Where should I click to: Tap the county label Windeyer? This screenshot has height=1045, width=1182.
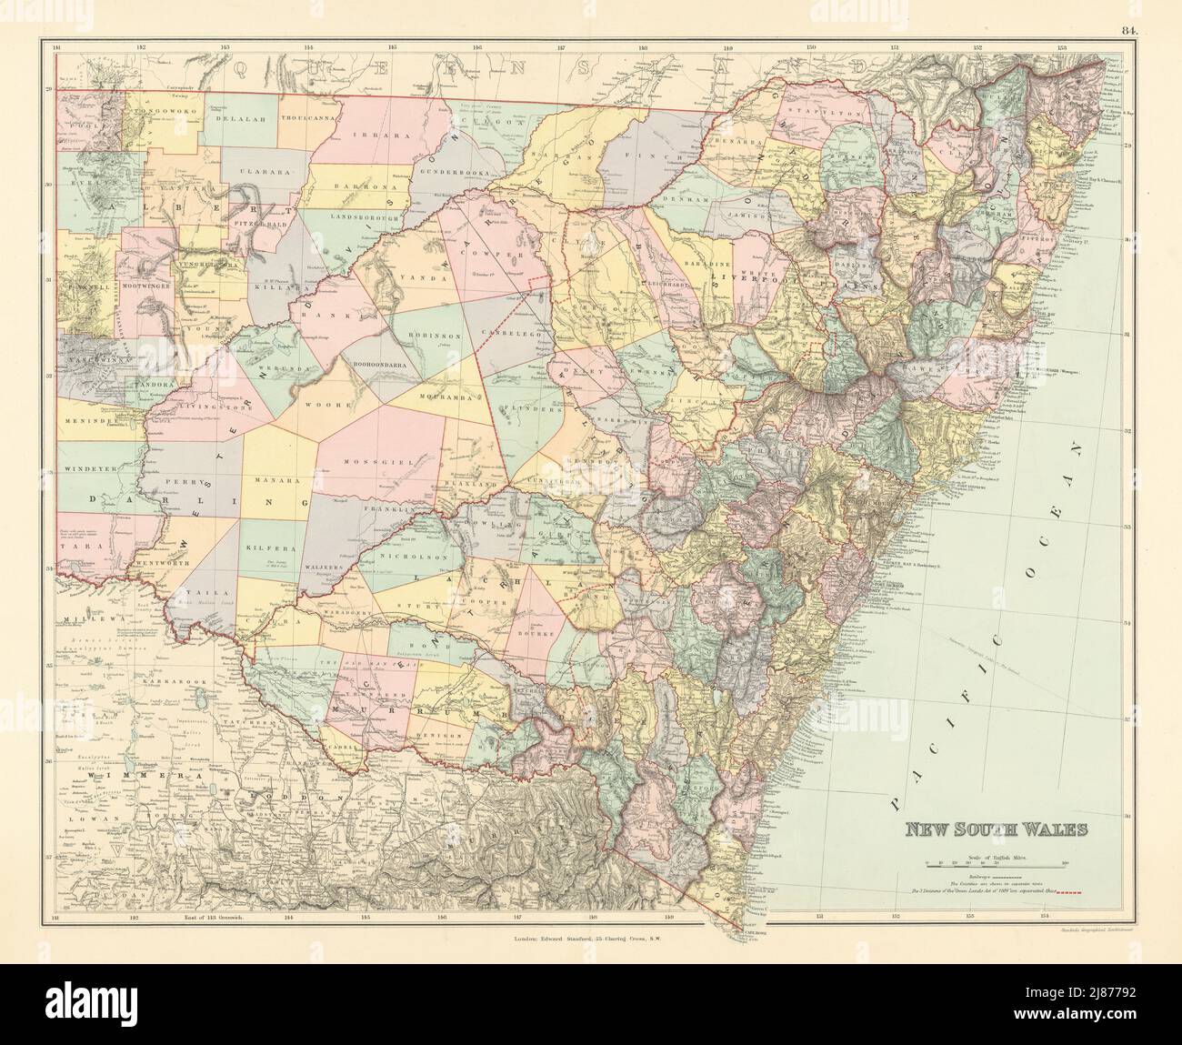[91, 471]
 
